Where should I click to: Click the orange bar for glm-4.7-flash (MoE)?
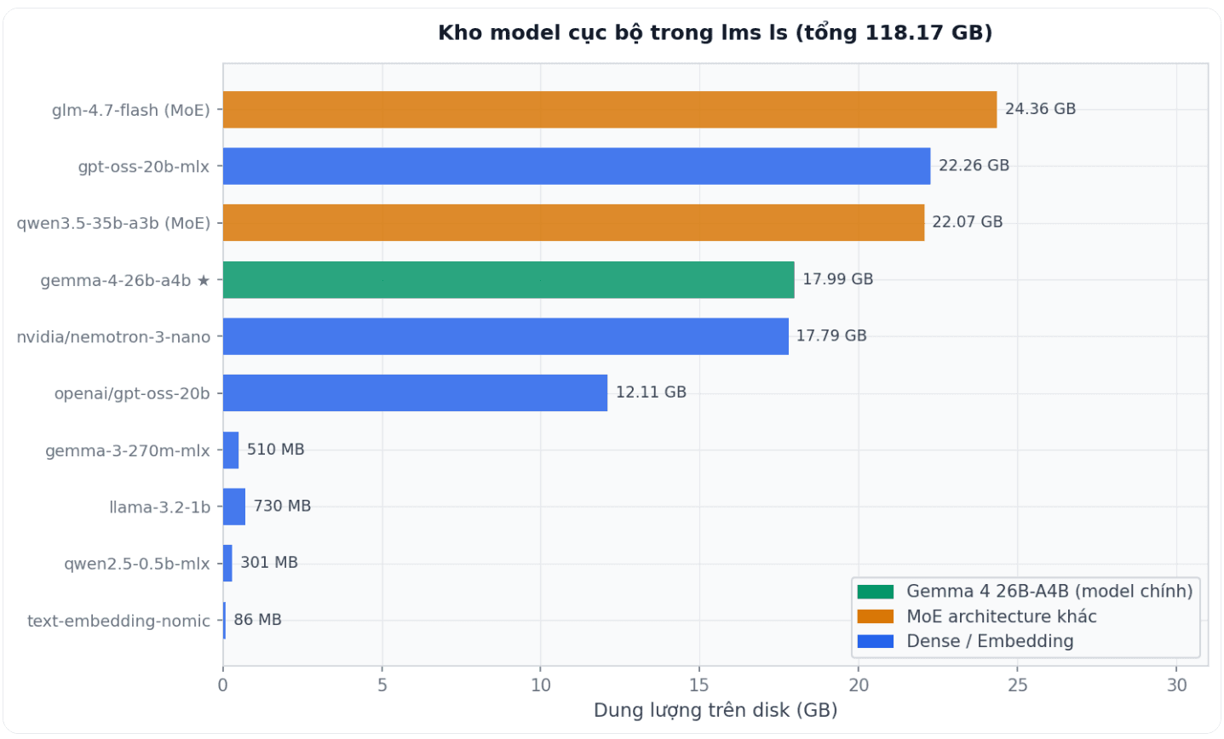(609, 110)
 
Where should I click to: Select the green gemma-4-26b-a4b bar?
(509, 280)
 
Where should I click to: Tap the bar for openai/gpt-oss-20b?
(415, 393)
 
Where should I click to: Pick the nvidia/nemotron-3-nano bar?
(505, 336)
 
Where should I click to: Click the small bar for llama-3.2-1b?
(234, 507)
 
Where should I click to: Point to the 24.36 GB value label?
(1040, 109)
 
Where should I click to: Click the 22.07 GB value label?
(967, 222)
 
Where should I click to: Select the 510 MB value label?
(275, 450)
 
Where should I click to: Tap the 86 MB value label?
(257, 620)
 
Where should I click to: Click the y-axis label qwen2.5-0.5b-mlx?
(136, 564)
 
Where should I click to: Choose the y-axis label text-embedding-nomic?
(118, 621)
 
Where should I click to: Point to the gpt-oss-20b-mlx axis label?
(143, 167)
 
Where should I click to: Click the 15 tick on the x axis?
(699, 685)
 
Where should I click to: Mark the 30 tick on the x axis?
(1176, 685)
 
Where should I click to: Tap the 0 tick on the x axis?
(223, 685)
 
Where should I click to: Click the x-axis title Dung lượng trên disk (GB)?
(715, 710)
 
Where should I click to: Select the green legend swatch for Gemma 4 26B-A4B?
(875, 592)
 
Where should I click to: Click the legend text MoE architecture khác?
(1001, 616)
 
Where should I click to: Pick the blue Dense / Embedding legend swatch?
(875, 641)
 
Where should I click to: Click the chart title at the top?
(715, 32)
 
